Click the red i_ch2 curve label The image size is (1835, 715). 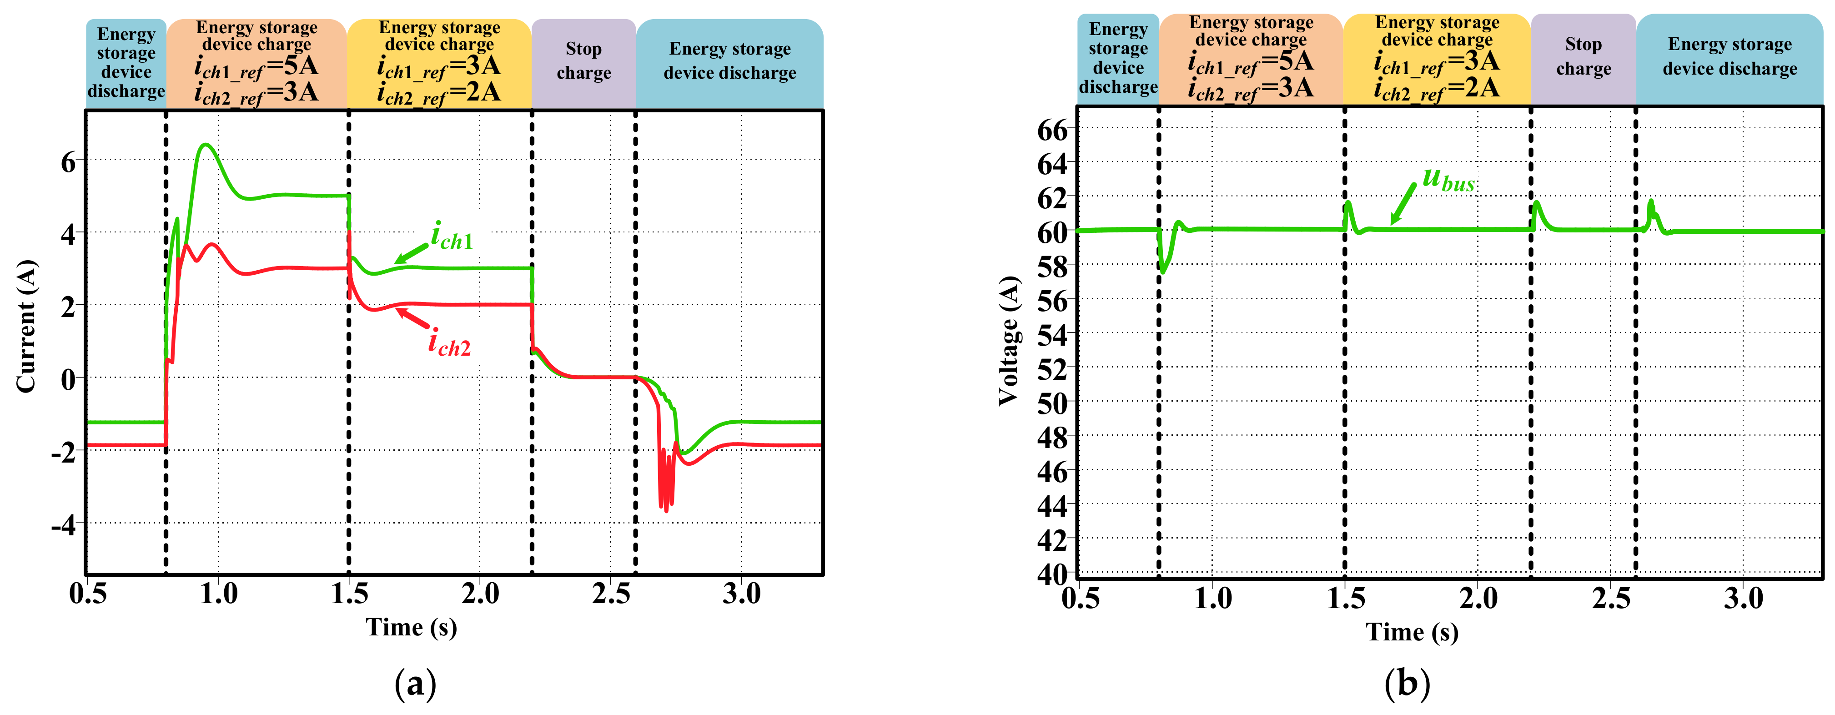click(x=449, y=343)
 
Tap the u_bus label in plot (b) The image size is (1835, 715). click(x=1448, y=180)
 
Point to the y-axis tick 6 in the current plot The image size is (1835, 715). click(x=68, y=162)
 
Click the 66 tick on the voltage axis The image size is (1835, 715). click(x=1053, y=131)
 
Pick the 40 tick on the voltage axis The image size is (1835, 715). click(x=1053, y=573)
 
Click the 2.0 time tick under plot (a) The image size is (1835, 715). click(x=480, y=593)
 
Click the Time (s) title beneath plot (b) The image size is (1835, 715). click(x=1412, y=632)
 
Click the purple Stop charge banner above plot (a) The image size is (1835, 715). click(x=583, y=61)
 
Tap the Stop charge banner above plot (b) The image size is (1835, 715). click(x=1583, y=57)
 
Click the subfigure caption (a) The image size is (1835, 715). click(x=415, y=685)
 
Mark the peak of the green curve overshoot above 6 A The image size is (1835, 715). click(x=206, y=145)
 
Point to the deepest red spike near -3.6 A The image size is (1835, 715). click(x=666, y=510)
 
